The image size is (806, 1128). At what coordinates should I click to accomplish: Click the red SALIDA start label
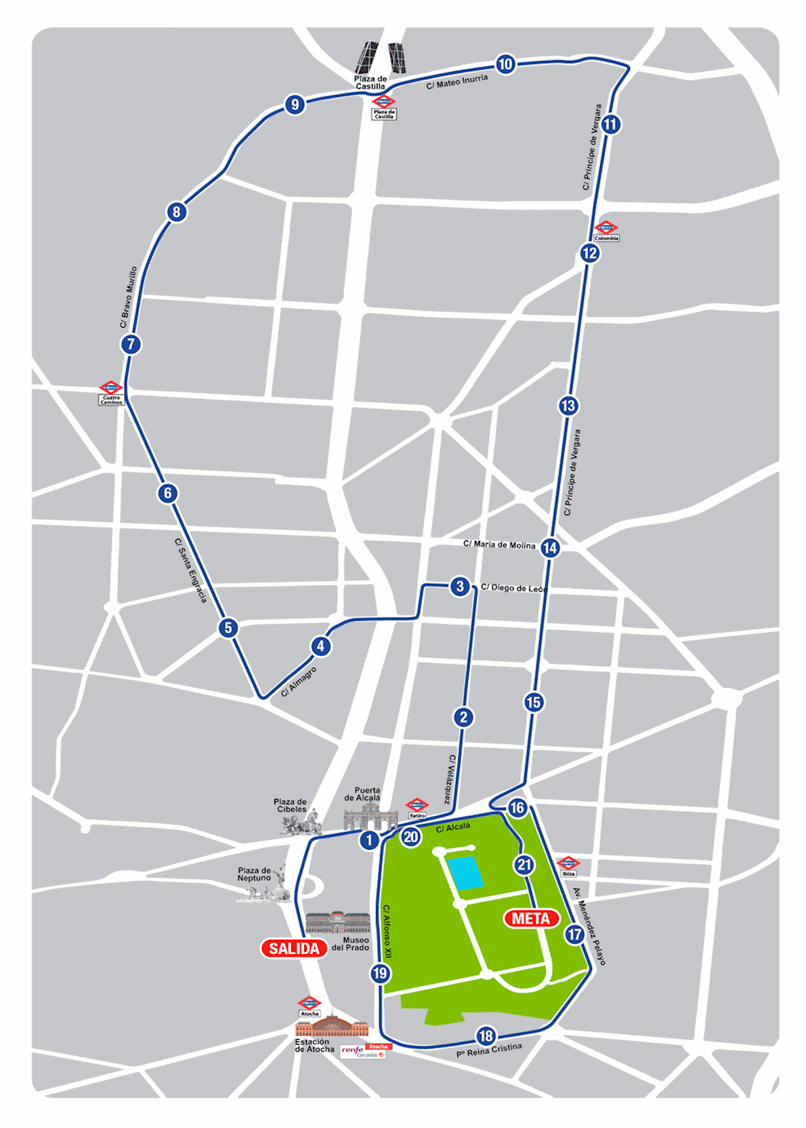pyautogui.click(x=294, y=949)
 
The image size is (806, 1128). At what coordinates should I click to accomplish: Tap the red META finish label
pyautogui.click(x=531, y=919)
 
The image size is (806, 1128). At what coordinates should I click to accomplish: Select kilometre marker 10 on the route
pyautogui.click(x=505, y=64)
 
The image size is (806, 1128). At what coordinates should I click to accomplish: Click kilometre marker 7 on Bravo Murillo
pyautogui.click(x=131, y=344)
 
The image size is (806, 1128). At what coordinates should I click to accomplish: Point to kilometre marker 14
pyautogui.click(x=550, y=548)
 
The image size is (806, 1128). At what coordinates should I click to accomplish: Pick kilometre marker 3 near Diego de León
pyautogui.click(x=460, y=586)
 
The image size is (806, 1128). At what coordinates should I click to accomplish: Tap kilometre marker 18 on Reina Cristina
pyautogui.click(x=486, y=1036)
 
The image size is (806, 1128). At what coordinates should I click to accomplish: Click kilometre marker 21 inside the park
pyautogui.click(x=524, y=865)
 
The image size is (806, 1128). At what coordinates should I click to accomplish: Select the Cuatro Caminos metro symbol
pyautogui.click(x=110, y=388)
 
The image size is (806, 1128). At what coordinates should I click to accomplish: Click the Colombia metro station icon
pyautogui.click(x=606, y=227)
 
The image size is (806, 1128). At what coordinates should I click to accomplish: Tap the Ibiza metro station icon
pyautogui.click(x=568, y=863)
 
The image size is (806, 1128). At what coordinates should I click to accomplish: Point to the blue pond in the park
pyautogui.click(x=465, y=873)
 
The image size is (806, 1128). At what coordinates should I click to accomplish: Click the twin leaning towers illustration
pyautogui.click(x=381, y=58)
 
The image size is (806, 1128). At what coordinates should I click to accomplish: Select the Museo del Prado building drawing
pyautogui.click(x=337, y=922)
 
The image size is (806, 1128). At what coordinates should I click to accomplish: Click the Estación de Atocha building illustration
pyautogui.click(x=332, y=1025)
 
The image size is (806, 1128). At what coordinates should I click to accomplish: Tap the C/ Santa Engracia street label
pyautogui.click(x=190, y=570)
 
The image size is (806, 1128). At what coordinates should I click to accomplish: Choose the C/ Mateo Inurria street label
pyautogui.click(x=457, y=82)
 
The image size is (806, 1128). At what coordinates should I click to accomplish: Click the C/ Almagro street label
pyautogui.click(x=299, y=682)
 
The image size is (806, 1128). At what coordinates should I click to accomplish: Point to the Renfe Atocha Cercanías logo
pyautogui.click(x=364, y=1051)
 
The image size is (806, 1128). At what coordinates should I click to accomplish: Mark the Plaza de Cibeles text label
pyautogui.click(x=291, y=805)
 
